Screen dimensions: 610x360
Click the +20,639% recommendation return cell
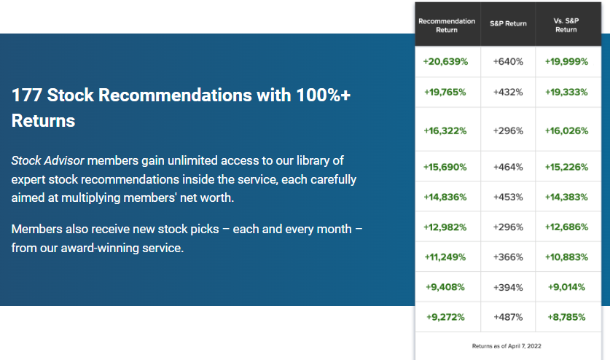pos(445,61)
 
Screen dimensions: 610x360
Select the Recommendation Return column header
pos(447,26)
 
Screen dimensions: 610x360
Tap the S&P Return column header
pos(508,23)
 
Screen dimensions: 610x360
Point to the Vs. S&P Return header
pos(566,25)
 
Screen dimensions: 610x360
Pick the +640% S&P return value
pos(508,61)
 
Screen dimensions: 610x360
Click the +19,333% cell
pos(566,93)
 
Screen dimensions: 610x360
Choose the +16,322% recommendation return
pos(445,130)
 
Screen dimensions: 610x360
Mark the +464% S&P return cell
pos(508,167)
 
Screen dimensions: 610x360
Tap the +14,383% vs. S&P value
pos(566,197)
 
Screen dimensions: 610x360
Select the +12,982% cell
pos(445,227)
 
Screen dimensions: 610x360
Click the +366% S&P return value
pos(508,257)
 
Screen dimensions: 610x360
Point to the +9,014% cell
pos(566,287)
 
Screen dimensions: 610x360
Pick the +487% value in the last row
pos(508,317)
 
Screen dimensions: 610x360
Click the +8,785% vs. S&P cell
pos(566,317)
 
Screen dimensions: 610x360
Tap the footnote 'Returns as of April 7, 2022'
pos(507,346)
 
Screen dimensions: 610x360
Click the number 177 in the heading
pos(26,95)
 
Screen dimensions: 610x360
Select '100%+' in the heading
pos(324,95)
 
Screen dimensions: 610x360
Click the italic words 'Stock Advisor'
pos(47,160)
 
